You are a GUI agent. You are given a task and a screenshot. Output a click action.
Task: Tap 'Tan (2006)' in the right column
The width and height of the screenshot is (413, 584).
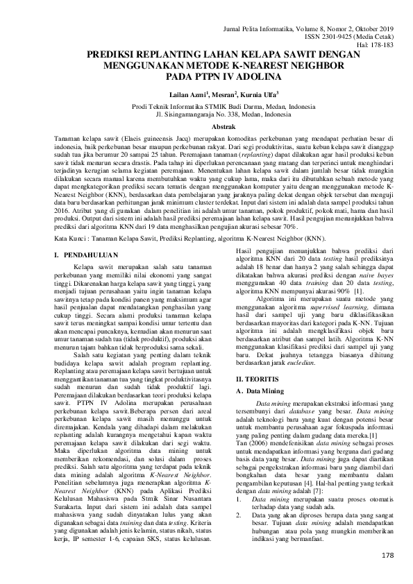pos(251,441)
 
